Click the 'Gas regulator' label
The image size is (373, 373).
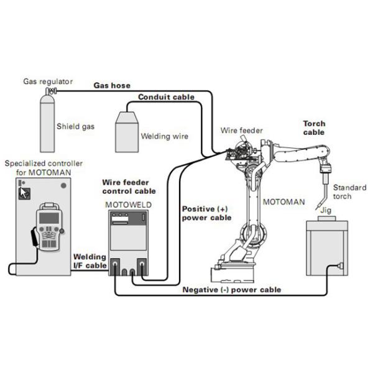tap(48, 81)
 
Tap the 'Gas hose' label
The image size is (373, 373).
tap(111, 85)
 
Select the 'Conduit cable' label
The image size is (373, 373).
tap(166, 98)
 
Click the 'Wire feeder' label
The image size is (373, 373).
tap(242, 131)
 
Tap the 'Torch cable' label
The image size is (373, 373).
tap(315, 128)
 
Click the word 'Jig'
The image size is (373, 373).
tap(324, 211)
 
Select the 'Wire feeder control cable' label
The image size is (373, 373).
tap(128, 187)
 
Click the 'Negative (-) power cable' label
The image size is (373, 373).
tap(231, 290)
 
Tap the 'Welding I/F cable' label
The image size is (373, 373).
tap(89, 261)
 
